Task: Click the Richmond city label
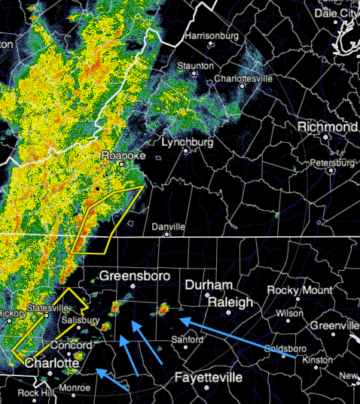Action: [x=327, y=127]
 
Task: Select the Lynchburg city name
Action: [x=188, y=141]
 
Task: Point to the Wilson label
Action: [x=290, y=313]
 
